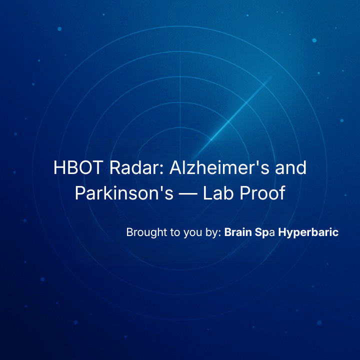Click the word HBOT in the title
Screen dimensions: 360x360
point(78,167)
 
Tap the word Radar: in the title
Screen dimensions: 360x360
point(136,167)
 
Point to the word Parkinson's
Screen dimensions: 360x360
point(124,192)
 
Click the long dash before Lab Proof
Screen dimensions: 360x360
point(188,194)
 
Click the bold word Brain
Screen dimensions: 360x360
point(238,232)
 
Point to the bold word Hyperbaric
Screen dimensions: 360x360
point(308,232)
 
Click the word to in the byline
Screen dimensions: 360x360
point(175,232)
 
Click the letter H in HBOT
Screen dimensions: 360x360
point(59,167)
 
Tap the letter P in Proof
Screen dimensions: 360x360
point(244,192)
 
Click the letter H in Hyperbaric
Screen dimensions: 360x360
point(282,232)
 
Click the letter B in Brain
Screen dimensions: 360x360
point(228,232)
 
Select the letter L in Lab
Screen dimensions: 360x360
point(208,192)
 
